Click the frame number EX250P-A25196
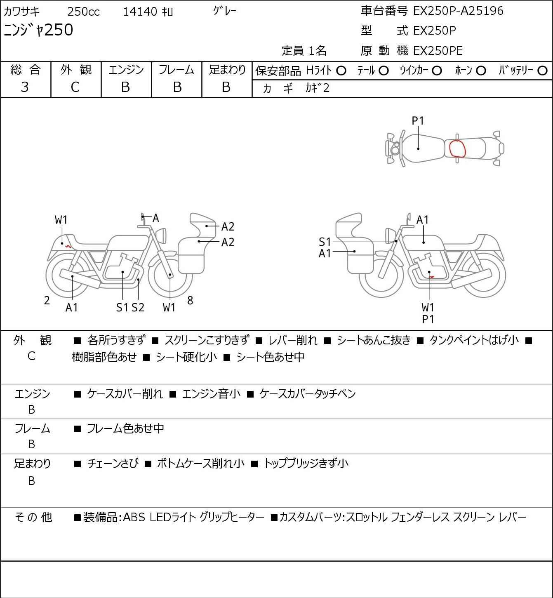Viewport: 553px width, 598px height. coord(458,11)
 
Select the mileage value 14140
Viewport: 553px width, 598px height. coord(140,12)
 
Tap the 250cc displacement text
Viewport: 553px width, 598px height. coord(83,12)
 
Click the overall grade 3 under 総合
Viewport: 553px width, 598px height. coord(25,87)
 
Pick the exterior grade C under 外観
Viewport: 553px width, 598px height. coord(75,87)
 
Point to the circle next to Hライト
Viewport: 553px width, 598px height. coord(341,71)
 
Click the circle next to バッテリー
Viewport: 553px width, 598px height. coord(542,71)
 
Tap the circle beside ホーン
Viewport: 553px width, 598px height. coord(481,71)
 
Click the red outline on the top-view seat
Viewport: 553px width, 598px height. coord(449,149)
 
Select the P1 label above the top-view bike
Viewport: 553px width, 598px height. coord(418,121)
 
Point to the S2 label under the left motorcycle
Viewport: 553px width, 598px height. coord(138,307)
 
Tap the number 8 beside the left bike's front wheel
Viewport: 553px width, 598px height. coord(190,300)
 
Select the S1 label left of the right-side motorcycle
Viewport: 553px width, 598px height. coord(325,242)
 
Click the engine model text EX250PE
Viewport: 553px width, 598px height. coord(438,51)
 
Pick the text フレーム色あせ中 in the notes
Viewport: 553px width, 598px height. coord(125,428)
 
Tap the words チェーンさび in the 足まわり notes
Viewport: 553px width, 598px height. coord(113,463)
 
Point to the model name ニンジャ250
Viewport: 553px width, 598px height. coord(38,30)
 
